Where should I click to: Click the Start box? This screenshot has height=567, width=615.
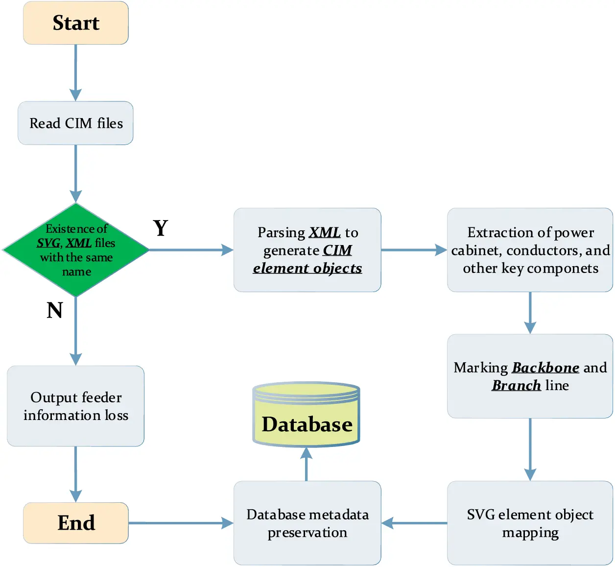tap(76, 23)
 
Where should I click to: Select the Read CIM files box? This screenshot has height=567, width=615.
tap(76, 123)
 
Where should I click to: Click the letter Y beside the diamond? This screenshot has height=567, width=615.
tap(161, 228)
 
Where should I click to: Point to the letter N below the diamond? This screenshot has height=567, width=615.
tap(55, 310)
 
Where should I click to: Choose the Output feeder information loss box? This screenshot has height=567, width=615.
tap(76, 406)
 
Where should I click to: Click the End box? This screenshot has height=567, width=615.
tap(76, 523)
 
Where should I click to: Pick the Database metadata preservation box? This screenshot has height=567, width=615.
tap(307, 523)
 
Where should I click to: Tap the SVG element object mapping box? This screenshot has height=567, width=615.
tap(530, 523)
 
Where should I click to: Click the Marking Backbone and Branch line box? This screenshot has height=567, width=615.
tap(530, 376)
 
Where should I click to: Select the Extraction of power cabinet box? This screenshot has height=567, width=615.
tap(530, 250)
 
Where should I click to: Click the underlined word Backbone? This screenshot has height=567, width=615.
tap(545, 368)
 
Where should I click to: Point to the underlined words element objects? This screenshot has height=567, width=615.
tap(307, 268)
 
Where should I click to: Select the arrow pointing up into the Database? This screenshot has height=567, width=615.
tap(307, 464)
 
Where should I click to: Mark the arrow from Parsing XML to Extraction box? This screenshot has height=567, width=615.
tap(414, 250)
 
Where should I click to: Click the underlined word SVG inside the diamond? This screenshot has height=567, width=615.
tap(48, 243)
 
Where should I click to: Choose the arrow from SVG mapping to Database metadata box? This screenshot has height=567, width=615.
tap(414, 523)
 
